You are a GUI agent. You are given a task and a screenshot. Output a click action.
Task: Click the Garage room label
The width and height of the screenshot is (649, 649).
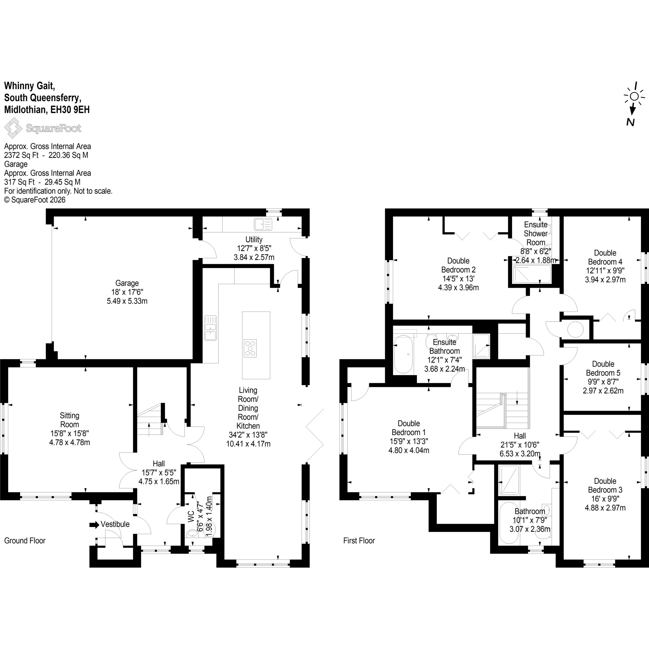(x=127, y=283)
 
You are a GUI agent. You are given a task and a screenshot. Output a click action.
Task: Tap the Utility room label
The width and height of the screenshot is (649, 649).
(x=254, y=240)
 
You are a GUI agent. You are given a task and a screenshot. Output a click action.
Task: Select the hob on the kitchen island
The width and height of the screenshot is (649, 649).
(x=250, y=348)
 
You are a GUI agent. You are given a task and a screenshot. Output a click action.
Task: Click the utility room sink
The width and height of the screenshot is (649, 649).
(x=263, y=224)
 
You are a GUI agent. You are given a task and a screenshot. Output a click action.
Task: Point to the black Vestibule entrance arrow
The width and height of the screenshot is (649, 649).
(x=94, y=524)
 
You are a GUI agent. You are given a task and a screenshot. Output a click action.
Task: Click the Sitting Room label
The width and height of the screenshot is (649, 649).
(x=69, y=420)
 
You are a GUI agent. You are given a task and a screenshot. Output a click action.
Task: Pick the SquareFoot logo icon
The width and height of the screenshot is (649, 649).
(x=13, y=128)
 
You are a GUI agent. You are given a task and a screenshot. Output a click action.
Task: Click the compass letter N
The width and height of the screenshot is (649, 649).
(x=630, y=122)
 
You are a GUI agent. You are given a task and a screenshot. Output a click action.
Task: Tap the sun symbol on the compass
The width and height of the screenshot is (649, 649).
(x=634, y=96)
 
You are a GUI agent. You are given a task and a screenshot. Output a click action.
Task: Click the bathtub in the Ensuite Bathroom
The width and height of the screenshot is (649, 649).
(x=403, y=354)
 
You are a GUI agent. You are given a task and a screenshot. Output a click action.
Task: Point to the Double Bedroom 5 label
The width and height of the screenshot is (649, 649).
(x=603, y=369)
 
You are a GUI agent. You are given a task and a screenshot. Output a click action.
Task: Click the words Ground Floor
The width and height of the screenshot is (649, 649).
(x=25, y=540)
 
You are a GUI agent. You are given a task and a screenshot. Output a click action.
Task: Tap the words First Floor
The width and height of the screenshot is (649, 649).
(x=359, y=540)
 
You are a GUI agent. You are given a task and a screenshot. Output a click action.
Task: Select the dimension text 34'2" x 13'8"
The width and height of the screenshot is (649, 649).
(x=248, y=435)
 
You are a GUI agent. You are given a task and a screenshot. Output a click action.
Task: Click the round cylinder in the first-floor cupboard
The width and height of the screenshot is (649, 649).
(x=575, y=330)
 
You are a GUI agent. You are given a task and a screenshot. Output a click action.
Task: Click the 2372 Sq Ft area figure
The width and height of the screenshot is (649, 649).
(x=21, y=155)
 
